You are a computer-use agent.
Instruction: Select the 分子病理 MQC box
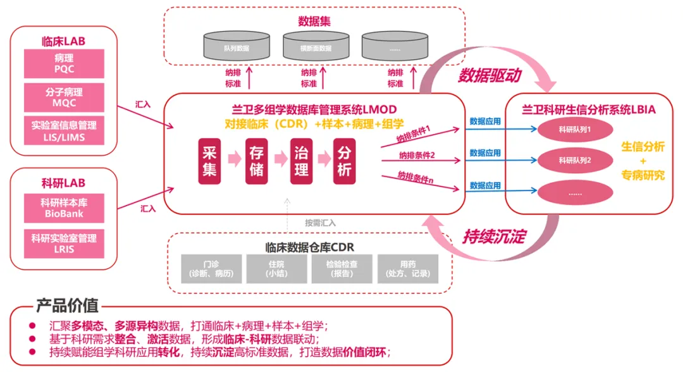[x=64, y=97]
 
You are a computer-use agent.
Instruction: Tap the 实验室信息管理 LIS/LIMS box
[x=64, y=131]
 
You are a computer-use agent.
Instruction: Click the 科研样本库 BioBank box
[x=64, y=208]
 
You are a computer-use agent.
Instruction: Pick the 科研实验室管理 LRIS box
[x=64, y=244]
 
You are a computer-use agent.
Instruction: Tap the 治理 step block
[x=302, y=161]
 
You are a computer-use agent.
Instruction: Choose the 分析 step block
[x=345, y=161]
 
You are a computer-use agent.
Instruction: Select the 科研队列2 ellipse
[x=575, y=160]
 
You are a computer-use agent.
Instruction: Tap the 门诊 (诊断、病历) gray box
[x=212, y=269]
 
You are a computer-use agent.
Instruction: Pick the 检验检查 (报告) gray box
[x=342, y=269]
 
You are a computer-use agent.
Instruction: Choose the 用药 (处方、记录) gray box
[x=408, y=269]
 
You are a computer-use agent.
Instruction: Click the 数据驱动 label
[x=489, y=76]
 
